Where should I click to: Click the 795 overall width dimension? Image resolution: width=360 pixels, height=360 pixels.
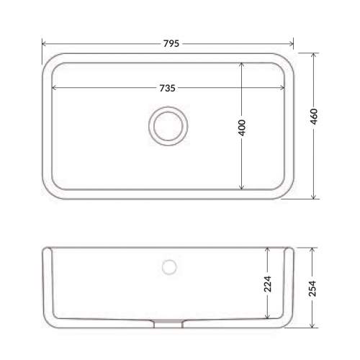tap(171, 43)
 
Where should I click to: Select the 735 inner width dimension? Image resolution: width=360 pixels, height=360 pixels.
tap(167, 88)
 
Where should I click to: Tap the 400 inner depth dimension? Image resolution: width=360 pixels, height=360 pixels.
tap(242, 127)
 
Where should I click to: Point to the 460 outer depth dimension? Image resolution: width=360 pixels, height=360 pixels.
tap(314, 117)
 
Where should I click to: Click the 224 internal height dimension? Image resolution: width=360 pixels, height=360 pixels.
tap(268, 284)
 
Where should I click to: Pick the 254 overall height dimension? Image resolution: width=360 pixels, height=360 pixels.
tap(312, 288)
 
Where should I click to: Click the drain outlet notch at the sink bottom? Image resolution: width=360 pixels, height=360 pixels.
tap(168, 323)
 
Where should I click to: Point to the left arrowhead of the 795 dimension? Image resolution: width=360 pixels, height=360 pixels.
tap(44, 44)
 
